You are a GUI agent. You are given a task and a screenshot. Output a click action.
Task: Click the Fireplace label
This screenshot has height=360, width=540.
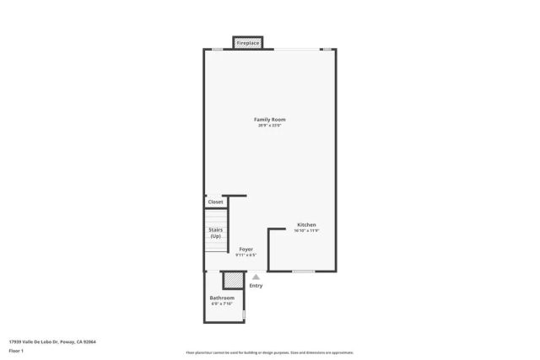247,43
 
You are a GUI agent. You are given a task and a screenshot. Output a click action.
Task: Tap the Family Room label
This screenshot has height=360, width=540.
270,120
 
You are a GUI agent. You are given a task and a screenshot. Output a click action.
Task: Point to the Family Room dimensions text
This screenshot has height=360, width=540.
270,126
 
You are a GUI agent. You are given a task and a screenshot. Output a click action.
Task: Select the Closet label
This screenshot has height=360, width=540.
216,202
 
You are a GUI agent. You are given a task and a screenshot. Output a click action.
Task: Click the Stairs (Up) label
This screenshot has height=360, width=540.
215,233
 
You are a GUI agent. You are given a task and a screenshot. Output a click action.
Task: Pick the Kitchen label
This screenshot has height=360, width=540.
306,225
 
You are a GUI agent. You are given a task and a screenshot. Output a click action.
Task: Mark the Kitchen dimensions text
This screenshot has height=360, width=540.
306,231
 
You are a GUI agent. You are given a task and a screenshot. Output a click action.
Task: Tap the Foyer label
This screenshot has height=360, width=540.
246,250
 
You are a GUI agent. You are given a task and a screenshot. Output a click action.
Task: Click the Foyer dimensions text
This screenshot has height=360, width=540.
246,255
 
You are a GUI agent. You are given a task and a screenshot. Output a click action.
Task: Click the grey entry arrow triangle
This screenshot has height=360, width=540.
256,277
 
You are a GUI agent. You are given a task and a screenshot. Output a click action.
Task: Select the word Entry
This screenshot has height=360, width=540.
256,286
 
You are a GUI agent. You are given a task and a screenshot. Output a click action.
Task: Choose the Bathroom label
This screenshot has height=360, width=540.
222,298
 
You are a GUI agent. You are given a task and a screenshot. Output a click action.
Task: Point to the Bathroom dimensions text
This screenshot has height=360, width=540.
222,304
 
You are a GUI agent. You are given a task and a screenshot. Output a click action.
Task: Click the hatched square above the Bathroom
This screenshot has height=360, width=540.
232,281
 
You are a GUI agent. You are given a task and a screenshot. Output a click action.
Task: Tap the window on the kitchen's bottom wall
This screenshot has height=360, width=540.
304,271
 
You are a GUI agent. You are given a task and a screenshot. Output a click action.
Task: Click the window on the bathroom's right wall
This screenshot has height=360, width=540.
244,315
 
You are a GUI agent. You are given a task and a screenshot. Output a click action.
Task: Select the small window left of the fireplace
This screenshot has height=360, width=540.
217,49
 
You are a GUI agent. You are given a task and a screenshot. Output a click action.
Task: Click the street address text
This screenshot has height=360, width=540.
51,342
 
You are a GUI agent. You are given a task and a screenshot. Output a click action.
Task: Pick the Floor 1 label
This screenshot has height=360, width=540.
16,350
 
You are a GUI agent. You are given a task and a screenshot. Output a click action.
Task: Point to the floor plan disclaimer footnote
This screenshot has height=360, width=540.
269,352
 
